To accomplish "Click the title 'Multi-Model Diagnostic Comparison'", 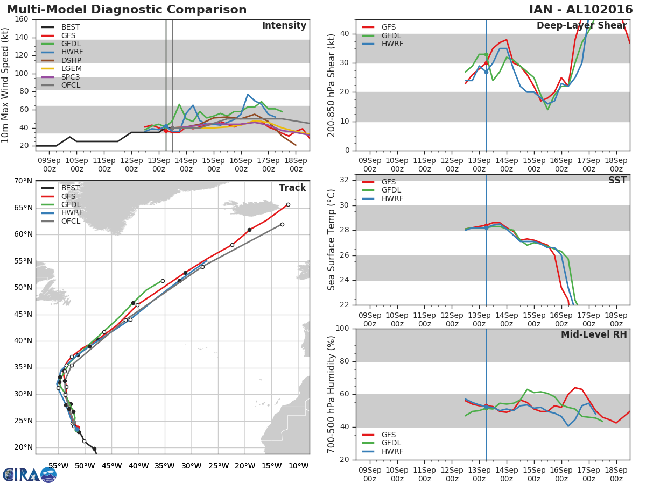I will coord(127,10).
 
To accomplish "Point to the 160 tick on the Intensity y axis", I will coord(22,19).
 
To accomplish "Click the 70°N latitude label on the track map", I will coord(23,181).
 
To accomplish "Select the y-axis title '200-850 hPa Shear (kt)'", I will coord(332,85).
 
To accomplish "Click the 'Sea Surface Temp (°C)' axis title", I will coord(332,240).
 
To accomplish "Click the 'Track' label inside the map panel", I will coord(292,188).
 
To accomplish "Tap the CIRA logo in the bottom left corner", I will coord(30,474).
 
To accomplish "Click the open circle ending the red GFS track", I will coord(288,204).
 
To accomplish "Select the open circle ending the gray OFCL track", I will coord(282,224).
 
